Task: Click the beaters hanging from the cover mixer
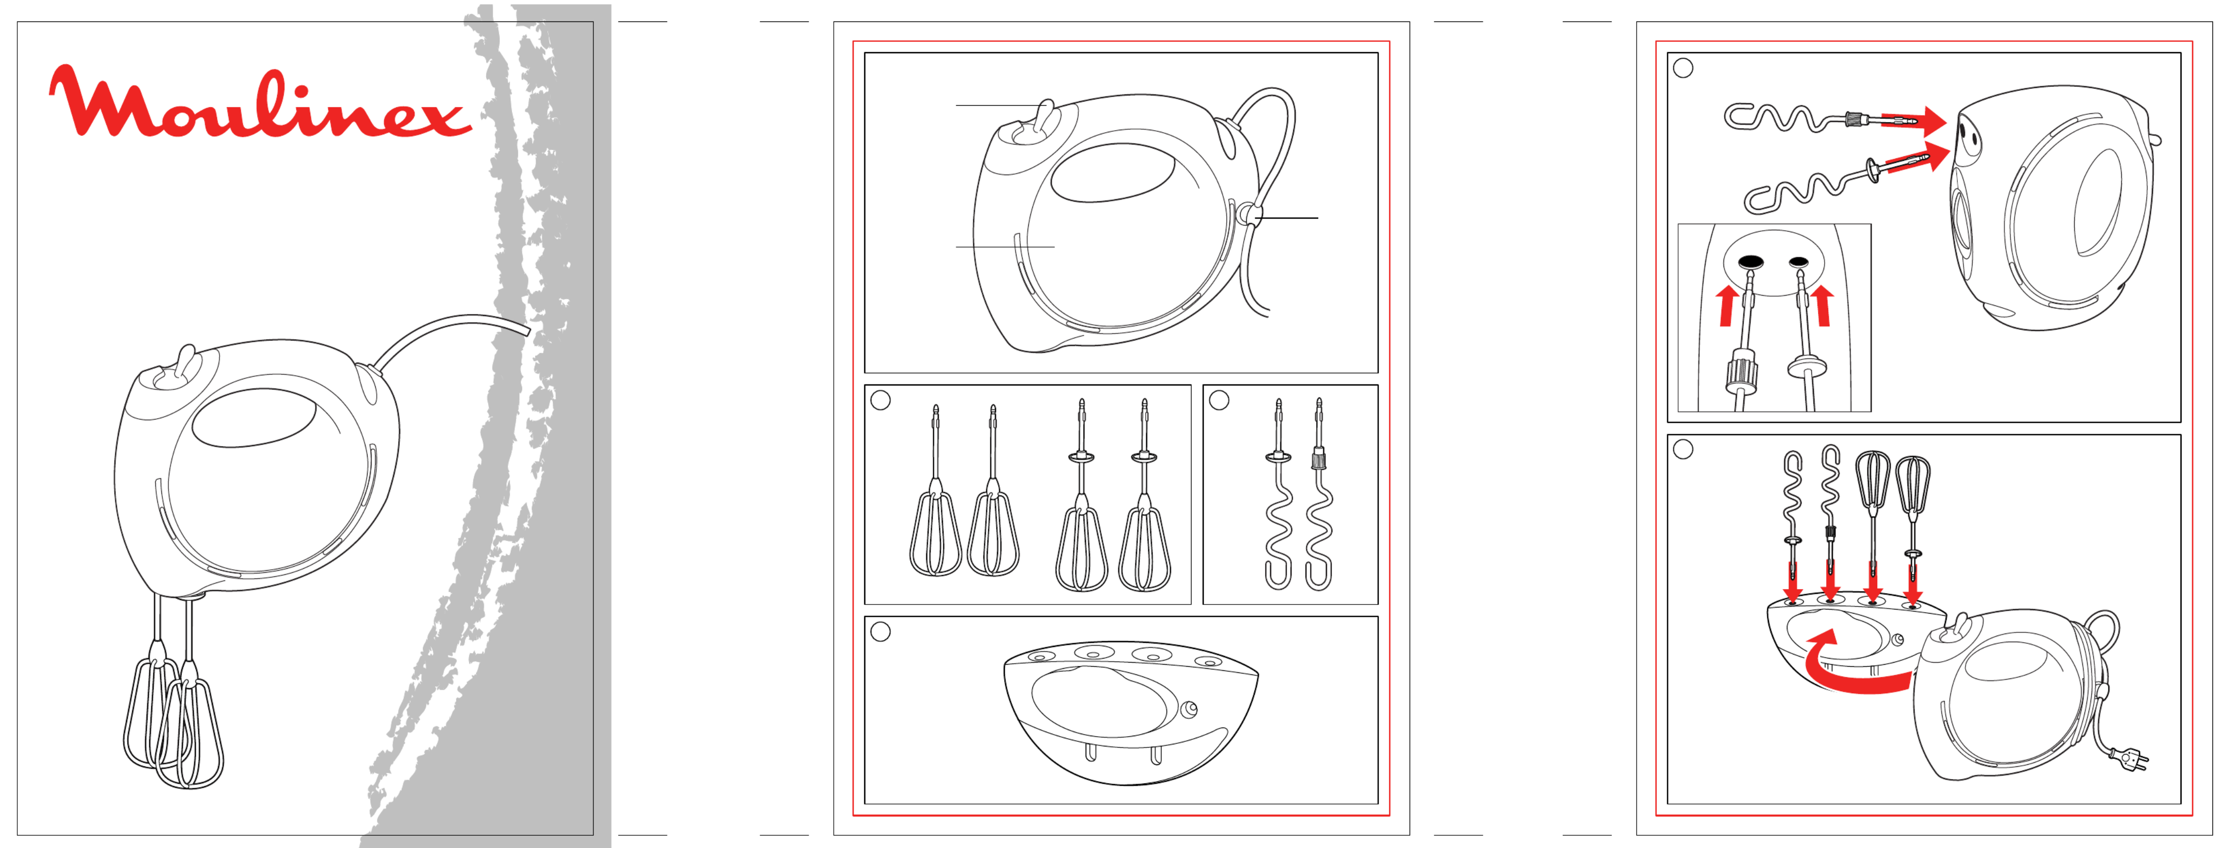pyautogui.click(x=173, y=693)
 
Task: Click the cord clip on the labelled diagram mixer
pyautogui.click(x=1249, y=213)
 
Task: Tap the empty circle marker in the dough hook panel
pyautogui.click(x=1220, y=400)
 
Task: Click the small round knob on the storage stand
pyautogui.click(x=1190, y=710)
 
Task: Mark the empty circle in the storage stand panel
pyautogui.click(x=881, y=633)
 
